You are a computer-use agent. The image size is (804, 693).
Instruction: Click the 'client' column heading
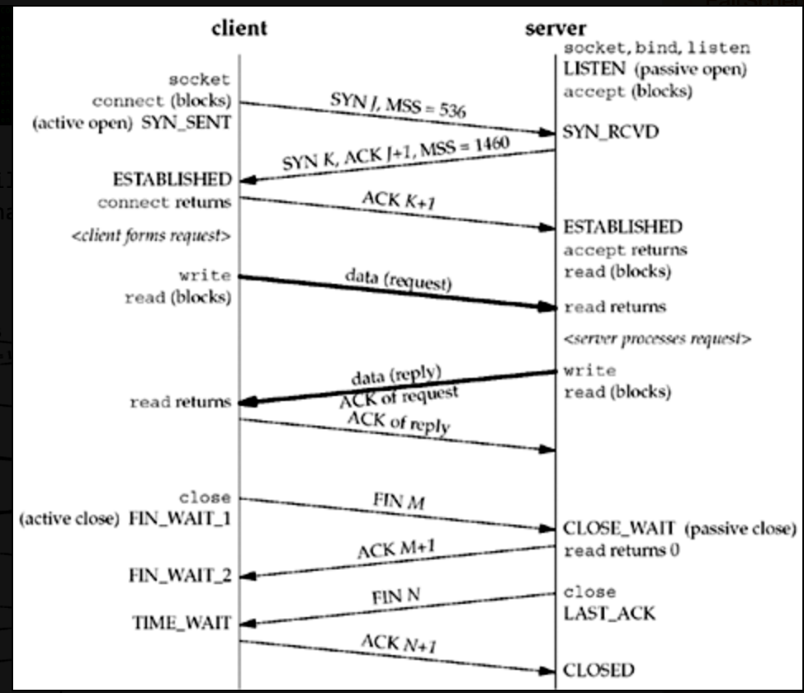point(239,27)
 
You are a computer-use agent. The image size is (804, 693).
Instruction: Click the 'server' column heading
point(556,27)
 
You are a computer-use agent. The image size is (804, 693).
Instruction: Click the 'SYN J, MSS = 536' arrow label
point(396,103)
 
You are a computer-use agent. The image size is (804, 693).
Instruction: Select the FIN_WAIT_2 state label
point(180,575)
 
